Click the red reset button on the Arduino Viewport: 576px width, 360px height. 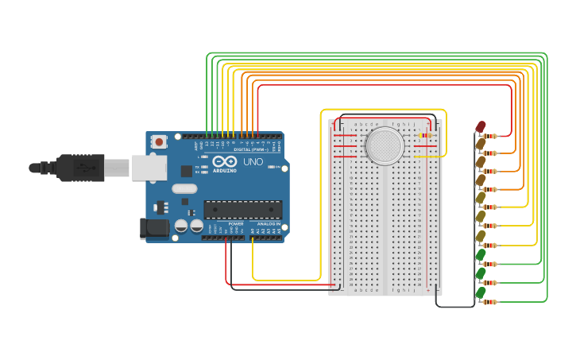coord(160,142)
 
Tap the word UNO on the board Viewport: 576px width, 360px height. coord(253,162)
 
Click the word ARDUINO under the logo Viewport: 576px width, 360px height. coord(225,171)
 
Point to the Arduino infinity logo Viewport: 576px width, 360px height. coord(224,163)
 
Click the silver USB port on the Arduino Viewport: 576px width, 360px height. coord(149,167)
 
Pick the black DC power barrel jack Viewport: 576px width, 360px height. coord(154,228)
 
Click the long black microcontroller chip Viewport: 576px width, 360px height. coord(242,209)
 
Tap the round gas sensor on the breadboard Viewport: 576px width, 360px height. coord(385,145)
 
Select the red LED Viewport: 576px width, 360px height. coord(481,126)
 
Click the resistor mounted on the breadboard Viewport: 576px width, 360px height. coord(423,135)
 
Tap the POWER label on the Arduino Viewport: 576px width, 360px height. coord(236,224)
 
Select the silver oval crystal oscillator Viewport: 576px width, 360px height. coord(184,189)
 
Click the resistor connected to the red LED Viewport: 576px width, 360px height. coord(491,136)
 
